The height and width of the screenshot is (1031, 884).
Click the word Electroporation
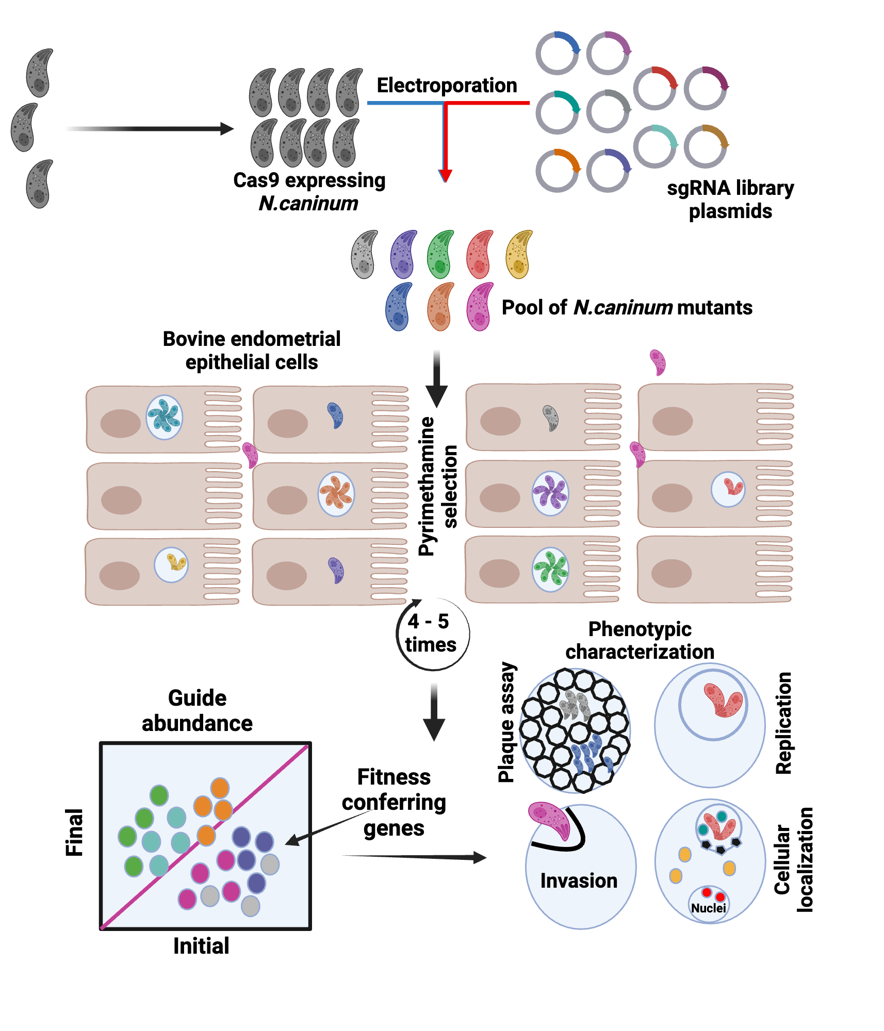447,85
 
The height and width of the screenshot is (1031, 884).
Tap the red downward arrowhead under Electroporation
445,175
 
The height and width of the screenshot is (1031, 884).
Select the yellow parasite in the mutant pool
519,255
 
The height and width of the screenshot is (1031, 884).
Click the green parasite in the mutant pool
440,255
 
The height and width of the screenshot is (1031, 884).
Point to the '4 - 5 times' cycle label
431,634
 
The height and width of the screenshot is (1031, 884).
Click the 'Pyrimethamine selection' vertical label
437,486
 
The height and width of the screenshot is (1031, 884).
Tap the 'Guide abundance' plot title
198,710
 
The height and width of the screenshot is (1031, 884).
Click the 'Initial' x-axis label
201,946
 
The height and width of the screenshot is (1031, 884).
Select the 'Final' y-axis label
74,832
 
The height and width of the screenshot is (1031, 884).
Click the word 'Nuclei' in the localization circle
708,908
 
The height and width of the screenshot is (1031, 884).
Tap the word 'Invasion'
579,880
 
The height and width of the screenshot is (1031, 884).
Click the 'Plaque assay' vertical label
506,722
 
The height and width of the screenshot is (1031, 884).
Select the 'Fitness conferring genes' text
394,802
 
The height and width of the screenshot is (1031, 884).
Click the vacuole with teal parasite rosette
165,417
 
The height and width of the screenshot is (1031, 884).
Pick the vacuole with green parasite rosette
550,569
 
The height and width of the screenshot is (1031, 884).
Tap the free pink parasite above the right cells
658,362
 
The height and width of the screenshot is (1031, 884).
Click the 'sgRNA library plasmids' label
730,199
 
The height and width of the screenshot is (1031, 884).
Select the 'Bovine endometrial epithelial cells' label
252,351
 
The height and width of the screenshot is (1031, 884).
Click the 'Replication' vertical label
783,723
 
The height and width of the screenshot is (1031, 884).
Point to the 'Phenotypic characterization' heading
640,640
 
